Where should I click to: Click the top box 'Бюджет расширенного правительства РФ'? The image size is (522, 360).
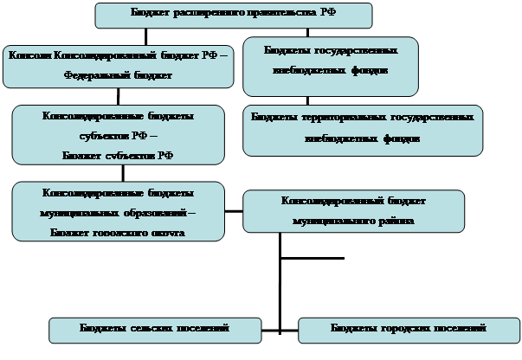(x=233, y=15)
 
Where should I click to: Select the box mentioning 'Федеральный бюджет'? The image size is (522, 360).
(x=118, y=66)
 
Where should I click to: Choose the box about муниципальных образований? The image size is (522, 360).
(x=119, y=211)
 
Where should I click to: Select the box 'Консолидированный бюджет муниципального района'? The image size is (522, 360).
(x=353, y=211)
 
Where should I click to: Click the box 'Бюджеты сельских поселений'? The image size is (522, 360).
(x=154, y=329)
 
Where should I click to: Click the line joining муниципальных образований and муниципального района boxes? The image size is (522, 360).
(x=234, y=210)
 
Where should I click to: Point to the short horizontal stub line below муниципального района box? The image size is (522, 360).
(x=312, y=258)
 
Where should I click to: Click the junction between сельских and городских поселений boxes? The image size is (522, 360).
(x=280, y=329)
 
